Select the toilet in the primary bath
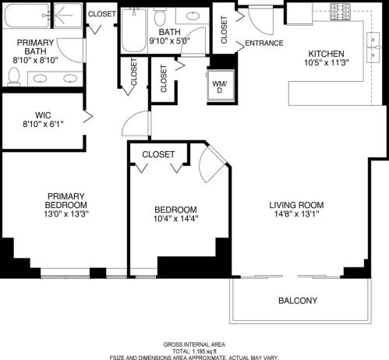(13, 75)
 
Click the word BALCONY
(297, 300)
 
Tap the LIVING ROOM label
(295, 205)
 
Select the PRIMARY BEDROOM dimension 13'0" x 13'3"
(65, 214)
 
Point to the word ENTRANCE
(264, 43)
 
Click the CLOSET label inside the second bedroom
(158, 154)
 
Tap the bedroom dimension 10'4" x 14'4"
(175, 219)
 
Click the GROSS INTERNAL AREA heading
(194, 344)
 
